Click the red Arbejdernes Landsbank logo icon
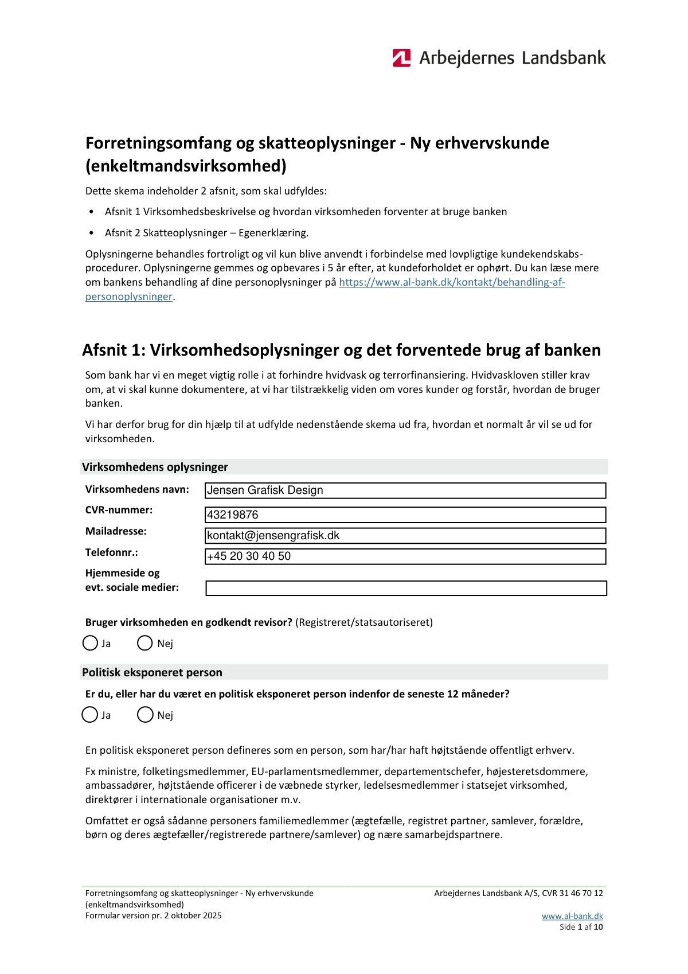click(401, 58)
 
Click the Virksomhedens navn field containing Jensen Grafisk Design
click(405, 490)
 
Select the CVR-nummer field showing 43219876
click(405, 515)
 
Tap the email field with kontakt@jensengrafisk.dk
click(405, 535)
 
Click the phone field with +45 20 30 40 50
click(405, 556)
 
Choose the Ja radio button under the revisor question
click(90, 643)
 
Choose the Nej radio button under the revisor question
click(145, 643)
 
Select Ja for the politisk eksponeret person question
click(90, 715)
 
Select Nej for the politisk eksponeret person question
click(145, 715)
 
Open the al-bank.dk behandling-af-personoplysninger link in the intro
click(452, 282)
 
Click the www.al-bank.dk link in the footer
click(572, 916)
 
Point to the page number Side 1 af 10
click(581, 927)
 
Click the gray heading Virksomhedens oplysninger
click(155, 467)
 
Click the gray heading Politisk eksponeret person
click(152, 672)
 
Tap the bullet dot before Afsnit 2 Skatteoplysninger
click(92, 233)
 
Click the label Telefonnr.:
click(112, 552)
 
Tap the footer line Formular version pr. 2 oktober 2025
click(153, 915)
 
